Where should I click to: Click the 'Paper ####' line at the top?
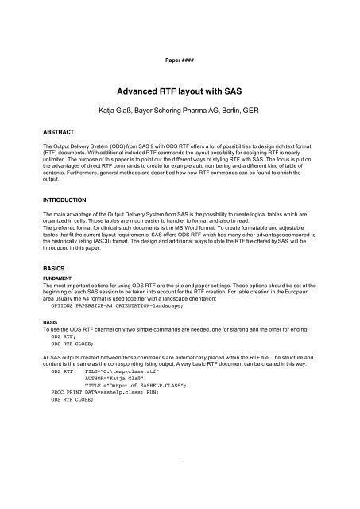pos(180,59)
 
